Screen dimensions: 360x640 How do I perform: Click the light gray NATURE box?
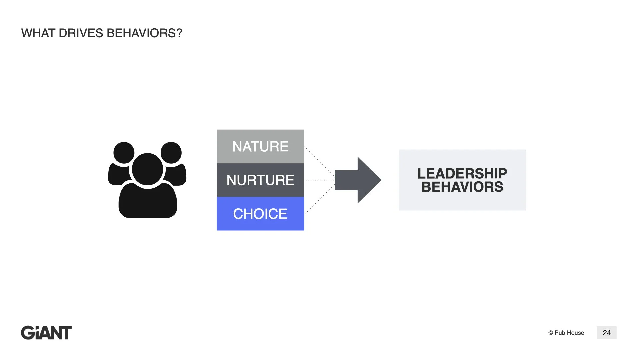point(260,146)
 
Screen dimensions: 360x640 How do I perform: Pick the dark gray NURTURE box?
point(260,180)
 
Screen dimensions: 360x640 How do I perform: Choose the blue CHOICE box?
point(260,214)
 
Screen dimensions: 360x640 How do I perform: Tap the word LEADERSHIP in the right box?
point(462,173)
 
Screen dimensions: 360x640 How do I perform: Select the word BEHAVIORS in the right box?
point(462,187)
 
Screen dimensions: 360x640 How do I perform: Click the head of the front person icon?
point(148,169)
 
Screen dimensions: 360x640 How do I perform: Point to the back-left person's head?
point(124,152)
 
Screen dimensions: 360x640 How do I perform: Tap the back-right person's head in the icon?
point(171,152)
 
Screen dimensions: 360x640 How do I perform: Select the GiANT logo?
point(46,333)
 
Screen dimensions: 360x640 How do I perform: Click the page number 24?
point(607,333)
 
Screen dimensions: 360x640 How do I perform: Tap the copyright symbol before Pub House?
point(551,333)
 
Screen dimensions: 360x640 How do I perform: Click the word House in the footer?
point(576,333)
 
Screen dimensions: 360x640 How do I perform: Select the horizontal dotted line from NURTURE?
point(319,180)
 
